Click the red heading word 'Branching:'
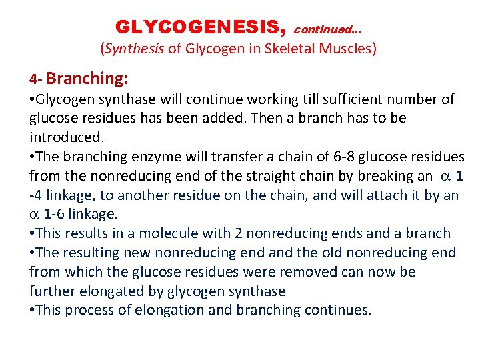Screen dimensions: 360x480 coord(88,79)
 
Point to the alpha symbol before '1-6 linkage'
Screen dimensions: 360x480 coord(34,215)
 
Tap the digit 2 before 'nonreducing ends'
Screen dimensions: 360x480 coord(238,233)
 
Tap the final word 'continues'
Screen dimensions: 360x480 coord(337,310)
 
